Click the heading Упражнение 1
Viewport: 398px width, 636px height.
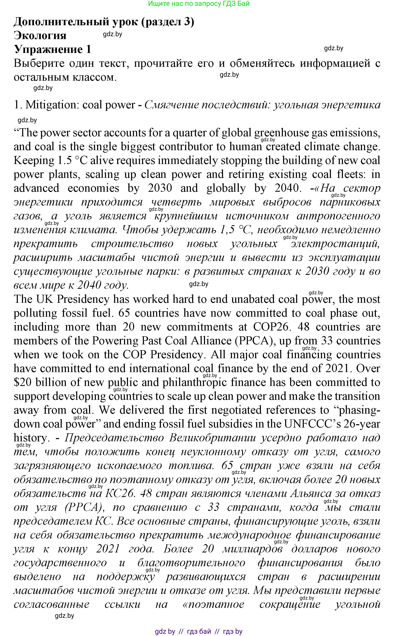click(x=52, y=49)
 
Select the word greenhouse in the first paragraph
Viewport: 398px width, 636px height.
click(x=281, y=133)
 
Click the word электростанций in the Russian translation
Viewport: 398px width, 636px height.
click(x=335, y=244)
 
